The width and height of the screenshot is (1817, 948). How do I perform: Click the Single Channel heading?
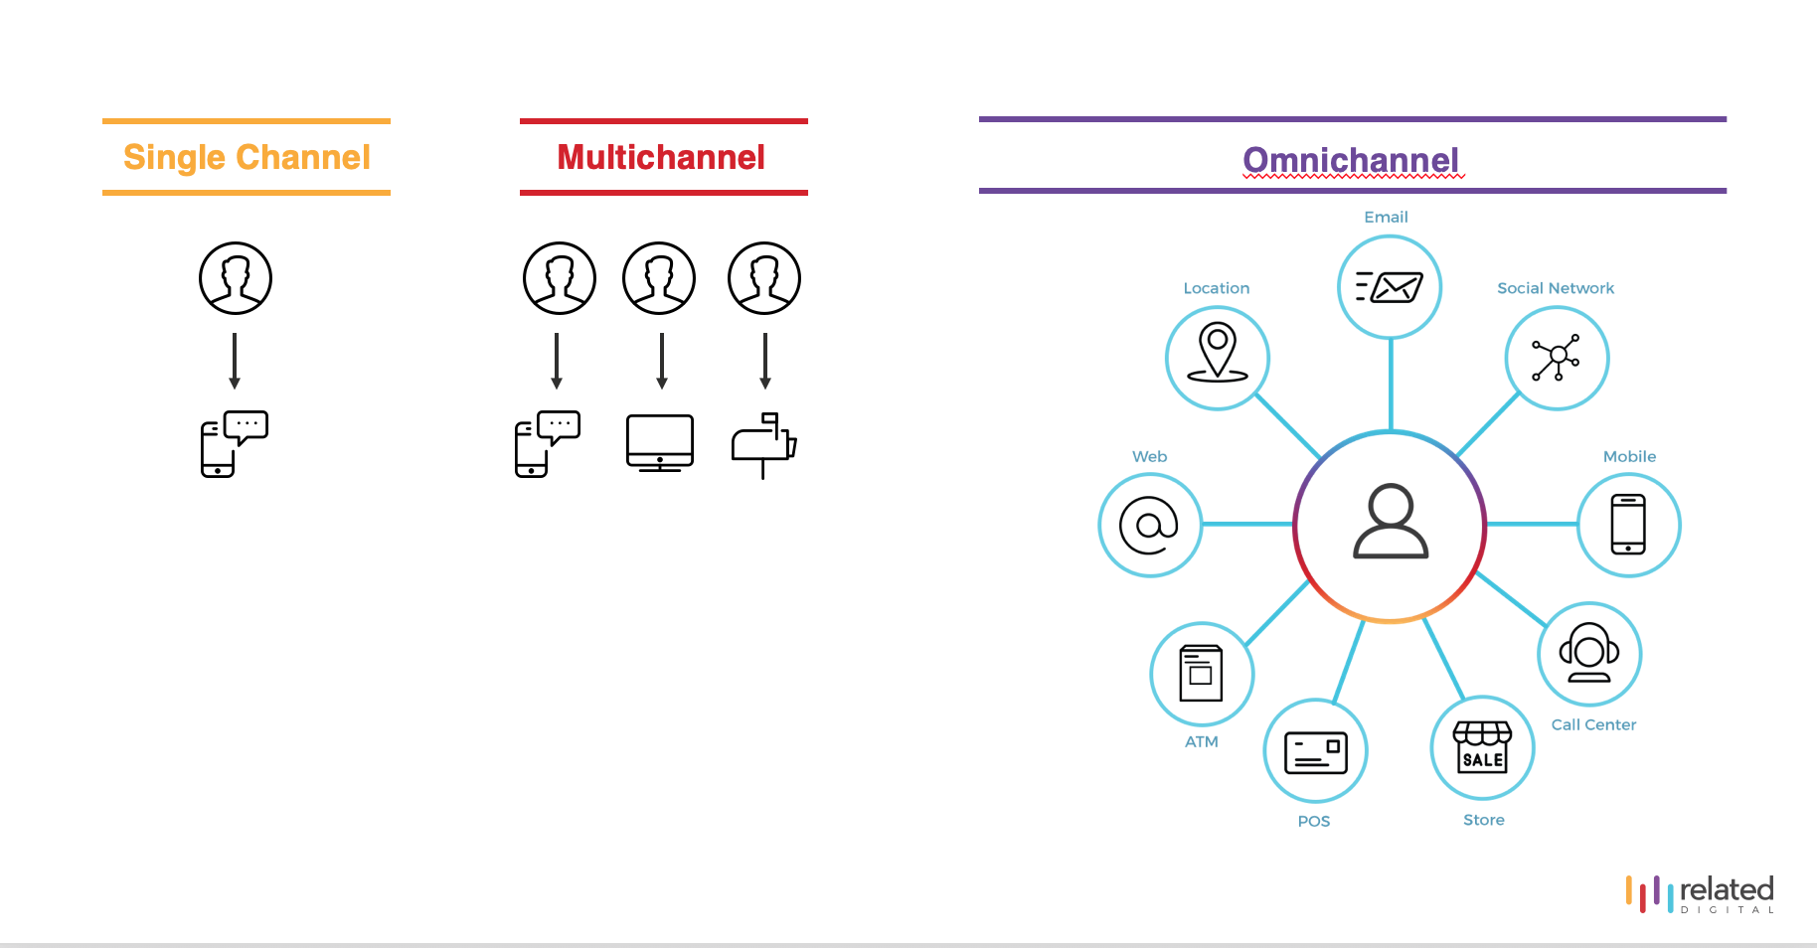pyautogui.click(x=247, y=157)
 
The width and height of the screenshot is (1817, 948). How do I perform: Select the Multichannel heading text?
pyautogui.click(x=661, y=157)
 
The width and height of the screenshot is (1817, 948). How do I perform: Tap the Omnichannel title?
pyautogui.click(x=1351, y=160)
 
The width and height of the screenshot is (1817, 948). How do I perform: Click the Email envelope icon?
pyautogui.click(x=1390, y=287)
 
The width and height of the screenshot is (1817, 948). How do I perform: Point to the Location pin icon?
pyautogui.click(x=1218, y=352)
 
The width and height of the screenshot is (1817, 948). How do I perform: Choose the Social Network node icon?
pyautogui.click(x=1557, y=358)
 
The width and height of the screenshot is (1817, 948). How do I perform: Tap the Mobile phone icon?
pyautogui.click(x=1628, y=525)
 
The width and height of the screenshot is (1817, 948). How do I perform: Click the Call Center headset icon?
pyautogui.click(x=1589, y=653)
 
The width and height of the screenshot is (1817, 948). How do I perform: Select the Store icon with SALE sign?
pyautogui.click(x=1483, y=747)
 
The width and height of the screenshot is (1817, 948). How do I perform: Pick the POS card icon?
pyautogui.click(x=1316, y=752)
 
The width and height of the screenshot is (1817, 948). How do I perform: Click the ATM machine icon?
pyautogui.click(x=1201, y=673)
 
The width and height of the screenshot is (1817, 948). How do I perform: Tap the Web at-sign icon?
pyautogui.click(x=1149, y=525)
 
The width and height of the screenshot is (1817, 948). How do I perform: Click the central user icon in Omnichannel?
pyautogui.click(x=1391, y=521)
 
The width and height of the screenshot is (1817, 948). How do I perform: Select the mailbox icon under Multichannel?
pyautogui.click(x=764, y=445)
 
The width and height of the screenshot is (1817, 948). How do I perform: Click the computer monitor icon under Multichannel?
pyautogui.click(x=660, y=443)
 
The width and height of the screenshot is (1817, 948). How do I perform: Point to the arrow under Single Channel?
pyautogui.click(x=235, y=361)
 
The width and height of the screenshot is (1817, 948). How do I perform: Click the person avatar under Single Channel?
pyautogui.click(x=236, y=278)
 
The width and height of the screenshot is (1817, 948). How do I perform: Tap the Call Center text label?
pyautogui.click(x=1593, y=724)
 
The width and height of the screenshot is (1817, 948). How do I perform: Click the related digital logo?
pyautogui.click(x=1700, y=893)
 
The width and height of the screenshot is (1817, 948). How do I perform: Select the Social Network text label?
pyautogui.click(x=1556, y=288)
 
